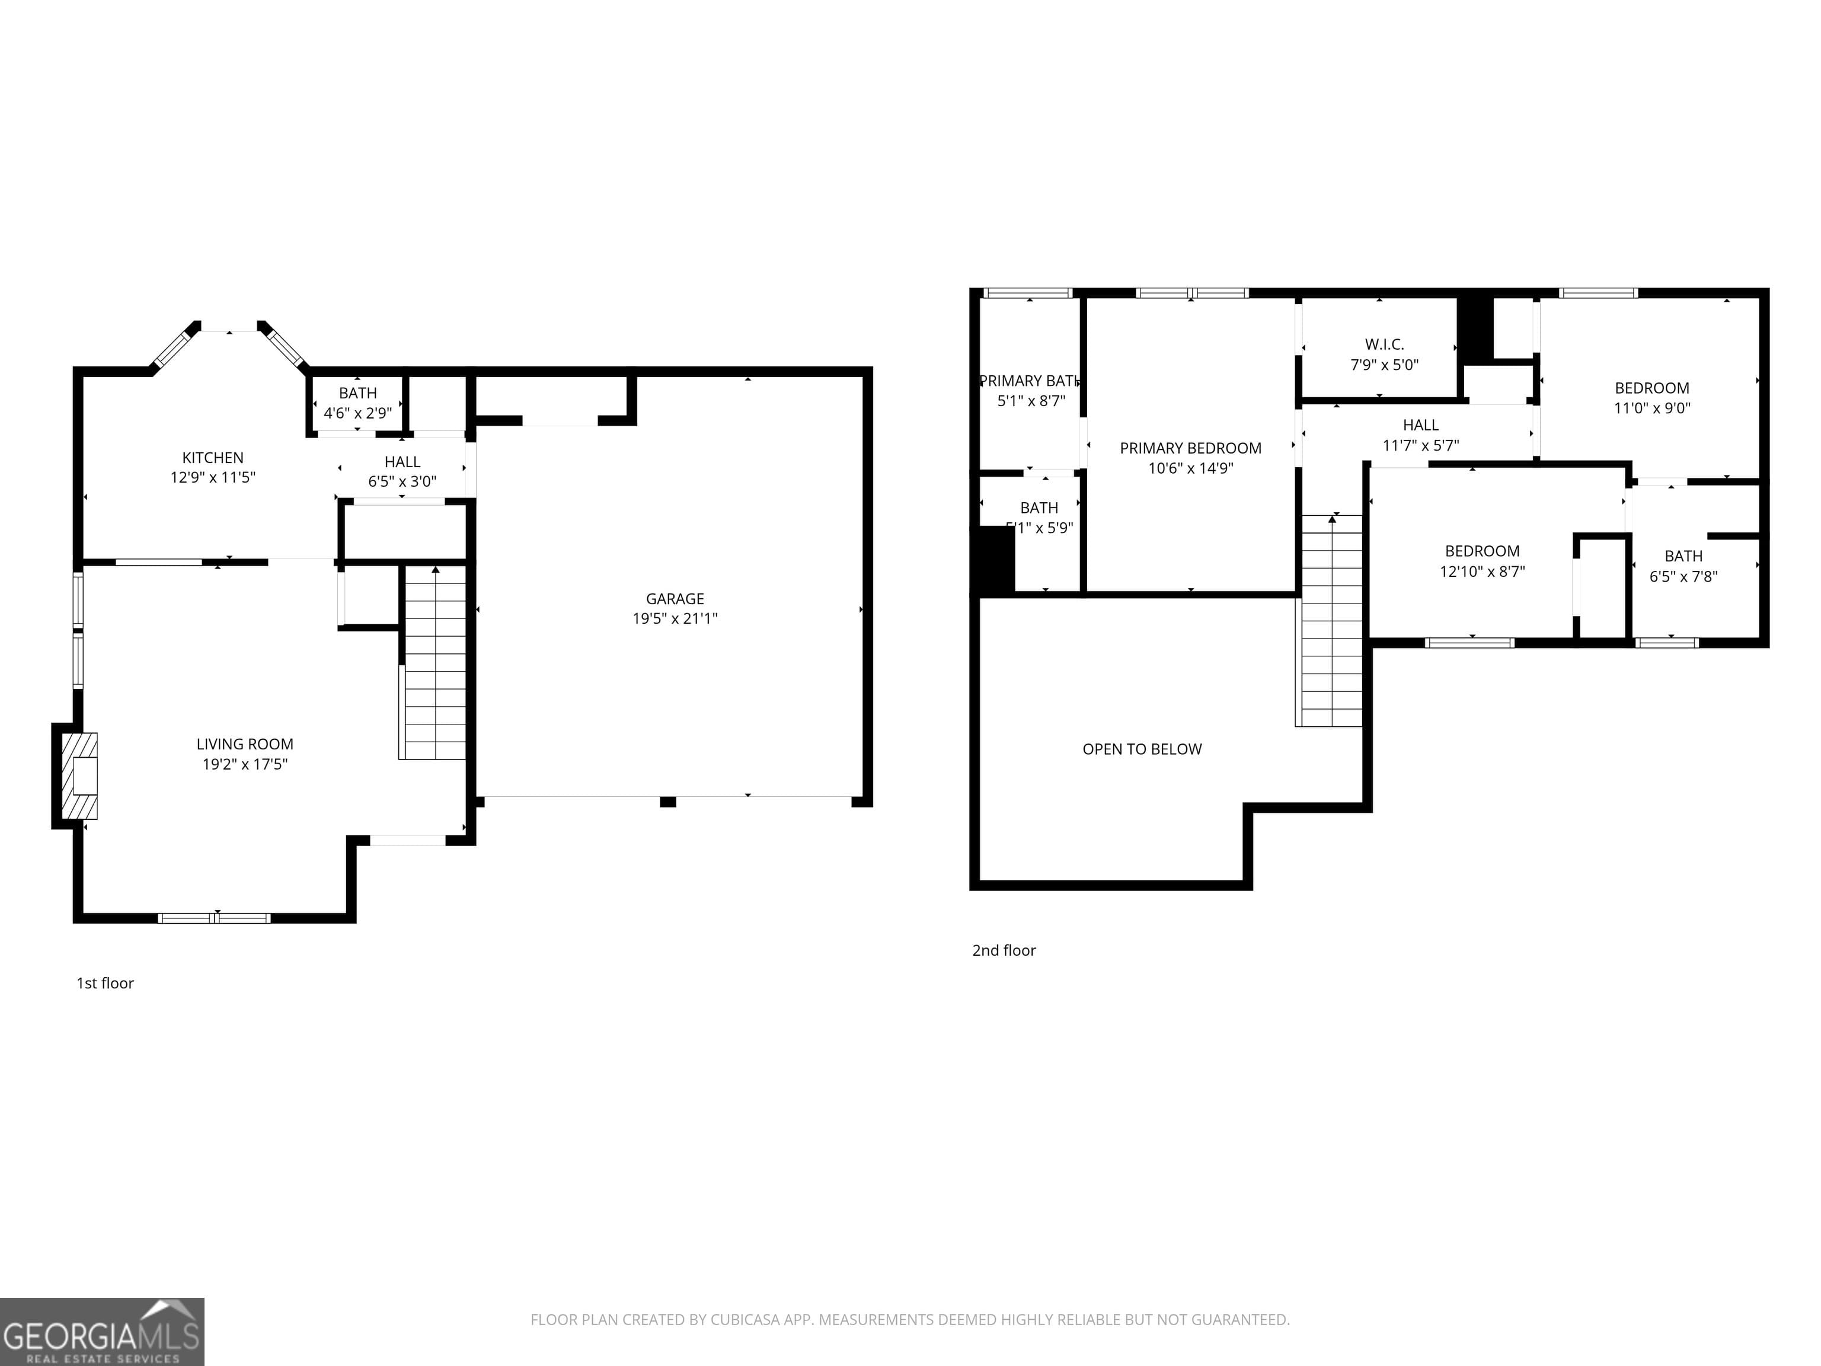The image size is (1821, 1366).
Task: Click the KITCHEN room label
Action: tap(212, 458)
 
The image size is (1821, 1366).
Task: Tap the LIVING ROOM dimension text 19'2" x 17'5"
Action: tap(244, 764)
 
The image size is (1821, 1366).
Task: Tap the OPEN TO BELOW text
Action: tap(1141, 749)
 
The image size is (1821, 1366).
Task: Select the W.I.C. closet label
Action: tap(1384, 344)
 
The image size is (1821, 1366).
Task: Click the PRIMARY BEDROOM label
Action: tap(1190, 448)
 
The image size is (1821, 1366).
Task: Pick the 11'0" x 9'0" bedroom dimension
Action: tap(1651, 407)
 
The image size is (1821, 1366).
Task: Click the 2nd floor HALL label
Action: tap(1420, 425)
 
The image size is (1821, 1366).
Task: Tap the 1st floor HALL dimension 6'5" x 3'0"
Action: tap(402, 481)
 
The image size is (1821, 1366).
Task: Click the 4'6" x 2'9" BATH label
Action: tap(357, 394)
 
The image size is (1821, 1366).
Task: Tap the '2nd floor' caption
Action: tap(1004, 950)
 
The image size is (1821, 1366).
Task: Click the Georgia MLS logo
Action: tap(101, 1332)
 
